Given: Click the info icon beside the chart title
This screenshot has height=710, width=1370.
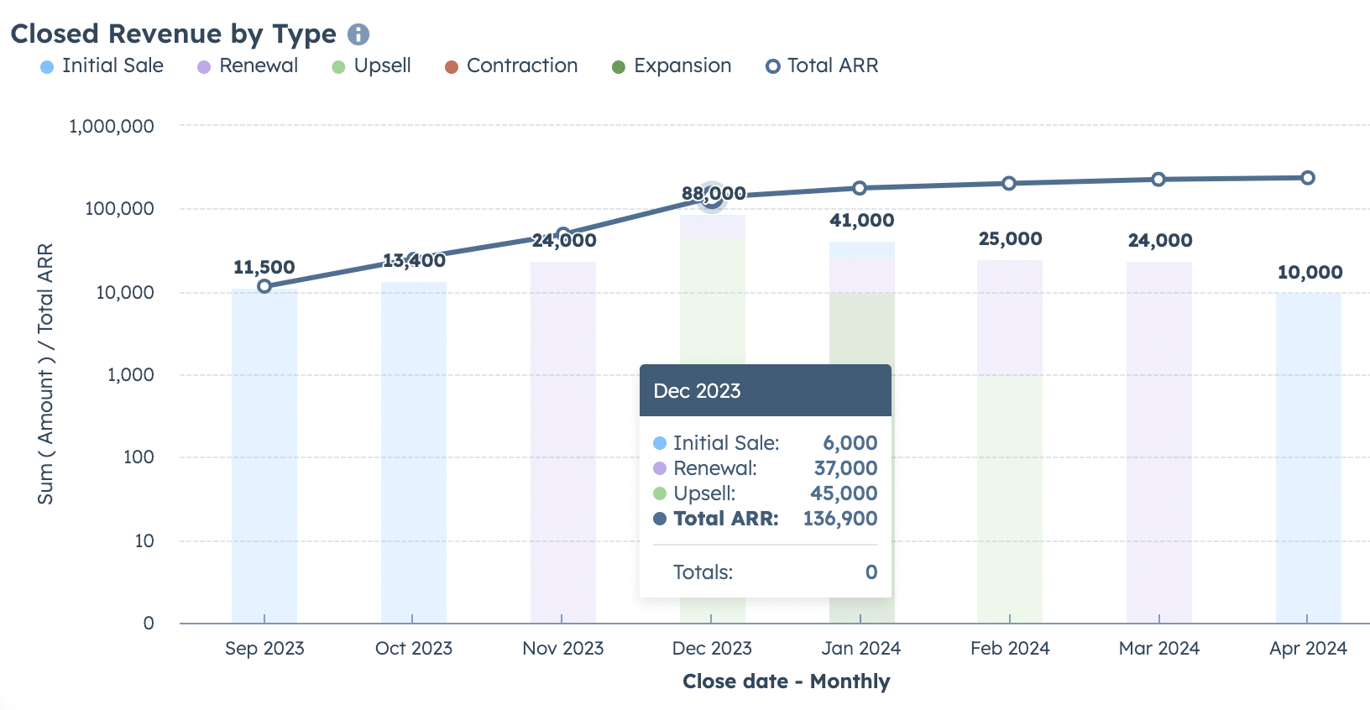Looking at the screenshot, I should [358, 34].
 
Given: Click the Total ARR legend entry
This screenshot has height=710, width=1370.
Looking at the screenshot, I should [822, 66].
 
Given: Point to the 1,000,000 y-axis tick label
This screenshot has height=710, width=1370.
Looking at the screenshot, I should [112, 127].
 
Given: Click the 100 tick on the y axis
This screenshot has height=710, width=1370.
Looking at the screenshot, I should [139, 457].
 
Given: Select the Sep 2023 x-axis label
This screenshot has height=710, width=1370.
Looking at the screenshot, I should [264, 649].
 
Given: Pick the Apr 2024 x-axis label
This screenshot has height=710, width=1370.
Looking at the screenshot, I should [1308, 649].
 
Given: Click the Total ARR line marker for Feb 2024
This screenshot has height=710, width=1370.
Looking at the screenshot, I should [1009, 184].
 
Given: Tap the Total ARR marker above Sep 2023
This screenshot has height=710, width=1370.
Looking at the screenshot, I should [264, 286].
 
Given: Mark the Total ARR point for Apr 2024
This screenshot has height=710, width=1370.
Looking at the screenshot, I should [1308, 178].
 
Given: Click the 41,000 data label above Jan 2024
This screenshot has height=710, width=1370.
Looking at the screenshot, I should [861, 221].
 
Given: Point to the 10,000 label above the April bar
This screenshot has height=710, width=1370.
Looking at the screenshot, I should [1310, 273].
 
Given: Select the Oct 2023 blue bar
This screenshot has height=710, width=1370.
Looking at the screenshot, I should [414, 453].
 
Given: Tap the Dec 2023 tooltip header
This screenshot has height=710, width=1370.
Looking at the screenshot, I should [765, 391].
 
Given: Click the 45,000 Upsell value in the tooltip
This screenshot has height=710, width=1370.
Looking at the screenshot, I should [844, 493].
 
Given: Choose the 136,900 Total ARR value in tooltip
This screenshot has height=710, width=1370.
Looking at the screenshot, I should [839, 519].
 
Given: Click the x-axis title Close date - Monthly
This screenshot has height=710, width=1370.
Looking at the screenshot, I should [786, 681].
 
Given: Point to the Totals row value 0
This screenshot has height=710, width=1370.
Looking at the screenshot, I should [871, 572].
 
